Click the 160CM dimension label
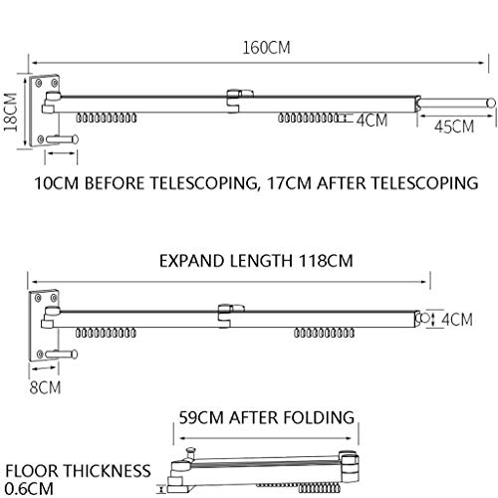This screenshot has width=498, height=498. (x=266, y=48)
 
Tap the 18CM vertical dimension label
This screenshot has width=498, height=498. (x=11, y=113)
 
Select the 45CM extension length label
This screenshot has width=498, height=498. (x=454, y=126)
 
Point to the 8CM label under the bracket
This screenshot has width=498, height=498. (x=45, y=387)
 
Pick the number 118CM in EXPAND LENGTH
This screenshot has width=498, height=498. (x=326, y=261)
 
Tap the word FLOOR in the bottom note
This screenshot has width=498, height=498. (x=31, y=471)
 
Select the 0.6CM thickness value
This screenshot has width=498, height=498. (x=29, y=489)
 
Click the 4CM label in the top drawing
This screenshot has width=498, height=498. (x=373, y=120)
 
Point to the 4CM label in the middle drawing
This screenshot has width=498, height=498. (x=457, y=320)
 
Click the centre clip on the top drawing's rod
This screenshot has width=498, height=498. (x=239, y=101)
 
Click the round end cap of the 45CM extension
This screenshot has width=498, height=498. (x=491, y=103)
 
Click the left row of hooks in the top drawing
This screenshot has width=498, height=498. (x=107, y=118)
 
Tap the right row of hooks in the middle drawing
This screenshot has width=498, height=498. (x=325, y=333)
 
